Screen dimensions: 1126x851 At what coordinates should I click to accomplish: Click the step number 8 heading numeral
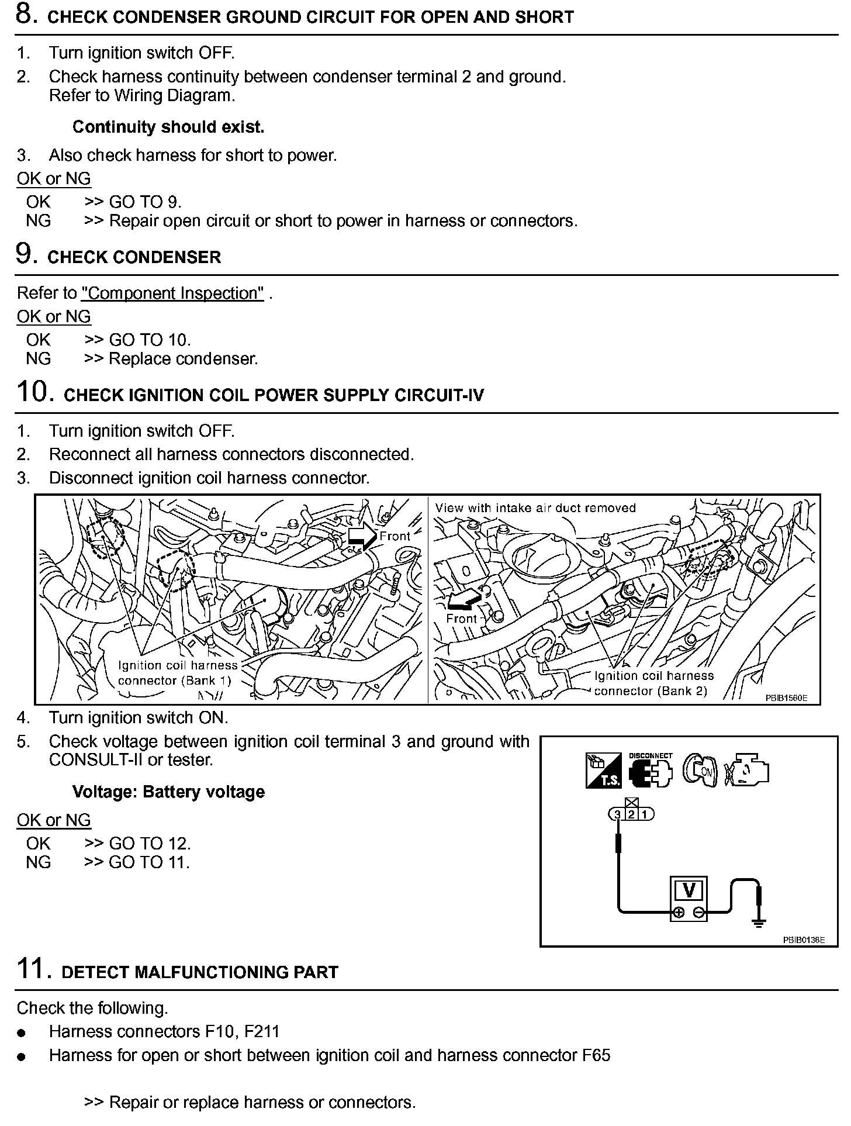click(27, 15)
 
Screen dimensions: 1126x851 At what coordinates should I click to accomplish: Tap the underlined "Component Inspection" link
click(172, 293)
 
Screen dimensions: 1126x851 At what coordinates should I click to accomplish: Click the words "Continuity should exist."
click(168, 127)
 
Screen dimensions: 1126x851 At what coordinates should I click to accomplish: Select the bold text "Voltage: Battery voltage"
click(168, 792)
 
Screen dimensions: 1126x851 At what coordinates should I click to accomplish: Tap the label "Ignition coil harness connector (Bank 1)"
click(177, 673)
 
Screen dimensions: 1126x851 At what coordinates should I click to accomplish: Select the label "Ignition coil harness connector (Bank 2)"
click(653, 683)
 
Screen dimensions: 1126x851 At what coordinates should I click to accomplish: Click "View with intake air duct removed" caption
click(535, 508)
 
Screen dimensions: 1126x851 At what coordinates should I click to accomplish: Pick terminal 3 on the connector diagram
click(617, 814)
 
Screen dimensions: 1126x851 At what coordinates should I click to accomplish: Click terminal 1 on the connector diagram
click(645, 814)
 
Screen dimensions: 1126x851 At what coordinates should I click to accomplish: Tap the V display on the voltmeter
click(689, 890)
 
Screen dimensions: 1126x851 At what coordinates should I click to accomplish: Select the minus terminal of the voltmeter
click(698, 913)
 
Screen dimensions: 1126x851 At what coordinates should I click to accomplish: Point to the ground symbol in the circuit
click(758, 924)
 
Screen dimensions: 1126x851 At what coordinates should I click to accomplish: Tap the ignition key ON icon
click(699, 771)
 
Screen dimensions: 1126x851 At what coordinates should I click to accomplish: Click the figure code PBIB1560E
click(786, 697)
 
